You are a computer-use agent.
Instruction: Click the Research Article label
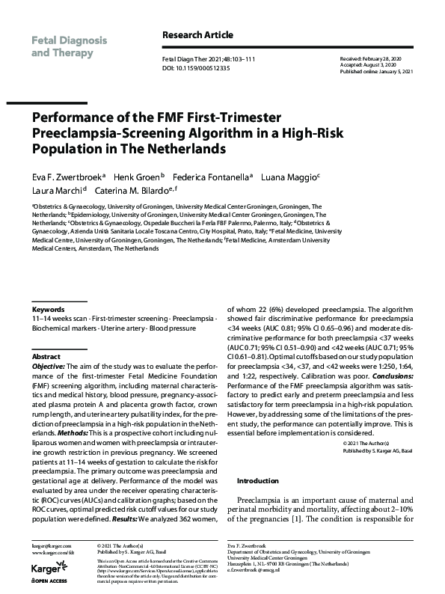[197, 34]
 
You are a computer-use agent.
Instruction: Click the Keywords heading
[48, 309]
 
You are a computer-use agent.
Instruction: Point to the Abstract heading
[46, 357]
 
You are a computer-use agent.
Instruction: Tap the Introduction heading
[258, 480]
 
